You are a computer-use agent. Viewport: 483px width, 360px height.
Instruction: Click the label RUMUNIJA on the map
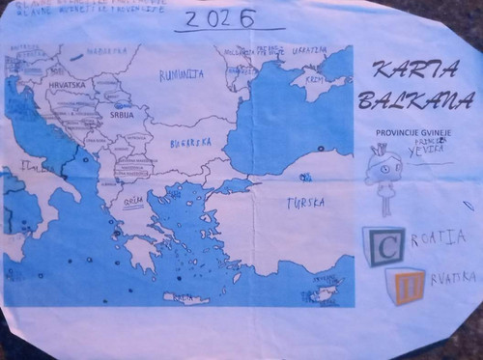click(182, 73)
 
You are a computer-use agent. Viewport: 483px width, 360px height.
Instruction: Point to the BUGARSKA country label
click(190, 143)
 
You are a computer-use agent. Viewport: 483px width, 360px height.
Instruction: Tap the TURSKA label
click(304, 204)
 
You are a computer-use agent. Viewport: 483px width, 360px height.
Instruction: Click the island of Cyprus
click(320, 291)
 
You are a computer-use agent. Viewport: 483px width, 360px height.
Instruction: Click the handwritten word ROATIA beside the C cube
click(438, 237)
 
